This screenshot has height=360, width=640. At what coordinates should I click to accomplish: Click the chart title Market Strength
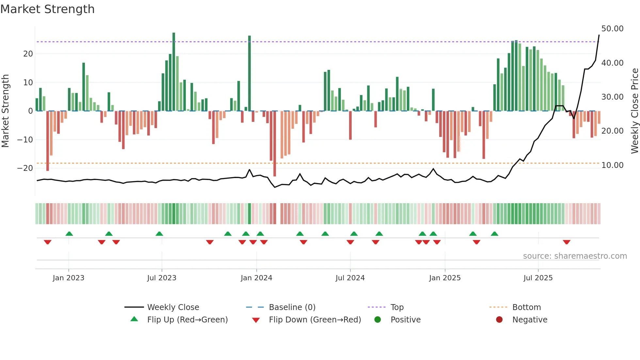47,9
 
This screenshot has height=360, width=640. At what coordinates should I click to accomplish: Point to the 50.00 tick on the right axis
612,29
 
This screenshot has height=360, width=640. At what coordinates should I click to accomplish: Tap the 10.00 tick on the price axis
612,165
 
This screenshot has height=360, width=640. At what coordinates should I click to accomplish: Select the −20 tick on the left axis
25,168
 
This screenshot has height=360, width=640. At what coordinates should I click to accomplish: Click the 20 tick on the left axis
28,54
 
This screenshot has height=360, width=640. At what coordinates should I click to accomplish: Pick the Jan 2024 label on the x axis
256,278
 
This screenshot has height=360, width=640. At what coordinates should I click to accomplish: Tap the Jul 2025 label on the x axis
538,278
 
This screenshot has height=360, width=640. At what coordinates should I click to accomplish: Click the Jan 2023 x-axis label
69,278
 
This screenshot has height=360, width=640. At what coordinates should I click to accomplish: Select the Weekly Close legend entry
173,307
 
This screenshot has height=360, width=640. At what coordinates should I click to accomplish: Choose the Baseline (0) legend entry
292,307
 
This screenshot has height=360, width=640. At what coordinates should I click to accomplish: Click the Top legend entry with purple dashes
397,307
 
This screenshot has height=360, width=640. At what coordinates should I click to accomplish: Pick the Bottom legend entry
526,307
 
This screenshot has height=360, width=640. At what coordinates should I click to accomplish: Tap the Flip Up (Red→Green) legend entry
187,320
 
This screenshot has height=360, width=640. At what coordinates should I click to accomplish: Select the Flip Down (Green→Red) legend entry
315,320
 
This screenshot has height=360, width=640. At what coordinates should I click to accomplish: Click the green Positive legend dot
378,320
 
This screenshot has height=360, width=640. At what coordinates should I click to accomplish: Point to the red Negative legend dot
499,320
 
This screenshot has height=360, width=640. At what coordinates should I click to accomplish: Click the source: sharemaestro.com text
575,256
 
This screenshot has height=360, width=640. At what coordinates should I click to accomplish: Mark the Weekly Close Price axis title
634,111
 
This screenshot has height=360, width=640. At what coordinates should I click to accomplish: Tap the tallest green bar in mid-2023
174,72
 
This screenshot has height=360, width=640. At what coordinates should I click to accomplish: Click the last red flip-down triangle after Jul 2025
567,242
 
